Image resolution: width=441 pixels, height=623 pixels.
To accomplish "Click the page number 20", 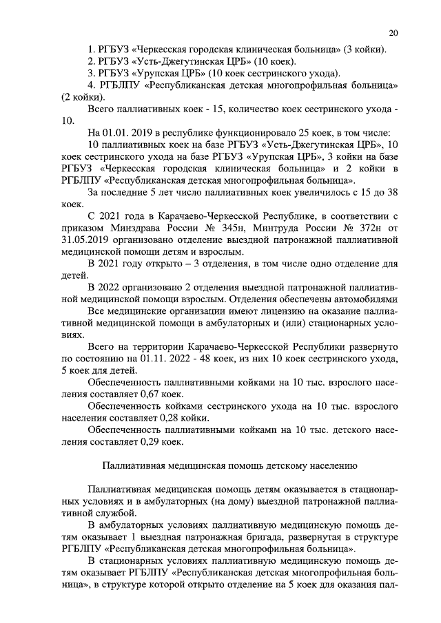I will pyautogui.click(x=393, y=32).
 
